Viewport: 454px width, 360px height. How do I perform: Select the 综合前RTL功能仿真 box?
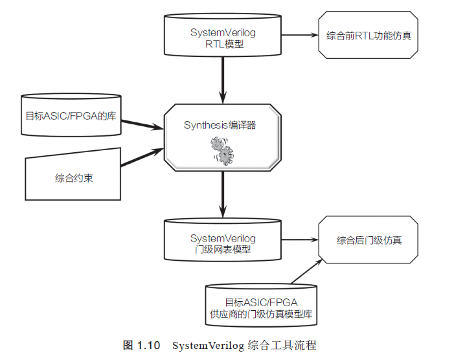[369, 35]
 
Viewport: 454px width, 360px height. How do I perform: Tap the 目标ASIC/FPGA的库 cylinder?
[71, 117]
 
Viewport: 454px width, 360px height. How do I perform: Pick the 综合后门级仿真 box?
[369, 240]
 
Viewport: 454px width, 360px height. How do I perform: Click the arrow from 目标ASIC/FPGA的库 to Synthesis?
[142, 123]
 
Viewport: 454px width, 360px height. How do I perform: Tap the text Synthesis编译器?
[220, 125]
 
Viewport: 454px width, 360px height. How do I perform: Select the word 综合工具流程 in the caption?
[282, 345]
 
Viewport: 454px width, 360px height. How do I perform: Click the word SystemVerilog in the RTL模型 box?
[223, 32]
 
